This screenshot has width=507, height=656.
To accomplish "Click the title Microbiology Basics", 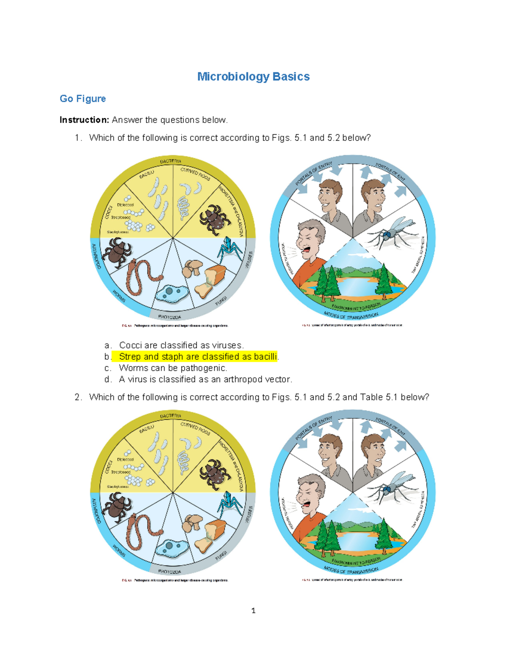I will pyautogui.click(x=253, y=77).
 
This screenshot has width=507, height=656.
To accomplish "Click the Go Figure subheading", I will pyautogui.click(x=83, y=99).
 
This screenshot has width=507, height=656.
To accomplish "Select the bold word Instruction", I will pyautogui.click(x=84, y=120).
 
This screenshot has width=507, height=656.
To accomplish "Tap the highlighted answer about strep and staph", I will pyautogui.click(x=198, y=357).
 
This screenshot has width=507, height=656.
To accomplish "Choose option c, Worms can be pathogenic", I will pyautogui.click(x=173, y=368).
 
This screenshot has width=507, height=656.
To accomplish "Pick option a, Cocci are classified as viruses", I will pyautogui.click(x=181, y=346).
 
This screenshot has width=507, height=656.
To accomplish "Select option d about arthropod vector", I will pyautogui.click(x=205, y=380).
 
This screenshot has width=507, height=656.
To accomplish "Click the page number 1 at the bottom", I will pyautogui.click(x=253, y=611).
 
